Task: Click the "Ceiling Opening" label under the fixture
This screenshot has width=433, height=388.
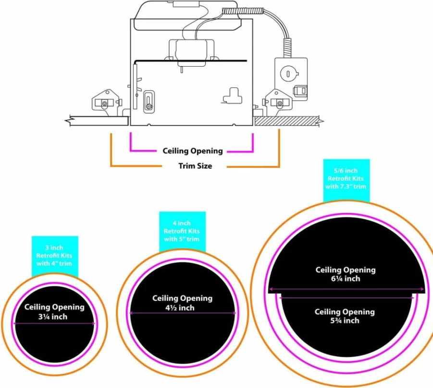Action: pos(193,151)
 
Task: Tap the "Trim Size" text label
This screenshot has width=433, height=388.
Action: pos(195,166)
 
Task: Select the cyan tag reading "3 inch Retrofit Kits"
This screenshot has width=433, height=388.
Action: pos(55,256)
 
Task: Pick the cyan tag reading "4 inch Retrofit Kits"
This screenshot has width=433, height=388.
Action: pos(182,232)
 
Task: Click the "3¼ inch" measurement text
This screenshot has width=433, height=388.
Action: pos(53,317)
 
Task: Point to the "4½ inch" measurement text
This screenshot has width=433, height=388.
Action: pos(180,307)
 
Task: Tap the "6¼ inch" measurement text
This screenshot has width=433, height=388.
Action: pos(346,279)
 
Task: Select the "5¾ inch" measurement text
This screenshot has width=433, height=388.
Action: pos(345,320)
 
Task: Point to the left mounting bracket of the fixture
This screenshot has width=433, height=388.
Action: pos(107,101)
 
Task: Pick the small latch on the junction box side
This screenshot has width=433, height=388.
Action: pos(300,90)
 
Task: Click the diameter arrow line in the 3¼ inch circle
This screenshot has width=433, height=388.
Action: pos(55,323)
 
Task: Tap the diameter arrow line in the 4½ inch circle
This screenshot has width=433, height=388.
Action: pos(183,313)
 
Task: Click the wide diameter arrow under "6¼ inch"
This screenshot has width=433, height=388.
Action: pos(346,289)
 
